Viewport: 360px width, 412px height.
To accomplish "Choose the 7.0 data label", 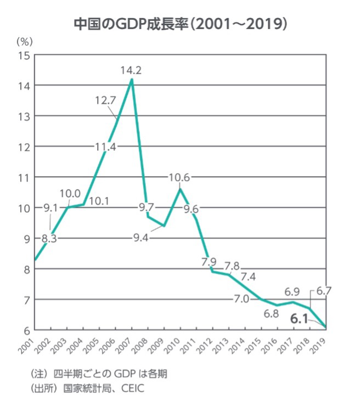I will tap(242, 299).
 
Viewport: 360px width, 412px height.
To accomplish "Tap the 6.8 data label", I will tap(271, 314).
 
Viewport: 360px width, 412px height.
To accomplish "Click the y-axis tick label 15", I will tap(24, 55).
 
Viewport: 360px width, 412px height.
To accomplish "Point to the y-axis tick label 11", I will tap(24, 177).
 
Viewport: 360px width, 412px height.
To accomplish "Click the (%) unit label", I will tap(25, 41).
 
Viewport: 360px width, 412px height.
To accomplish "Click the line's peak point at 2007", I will tap(132, 80).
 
